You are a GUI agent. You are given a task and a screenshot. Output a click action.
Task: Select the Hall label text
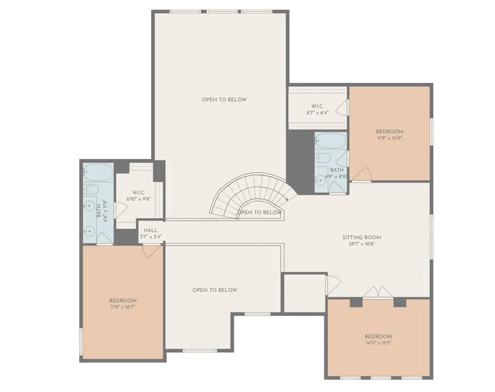[x=150, y=230]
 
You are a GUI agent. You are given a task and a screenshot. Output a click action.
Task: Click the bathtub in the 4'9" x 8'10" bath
[x=330, y=141]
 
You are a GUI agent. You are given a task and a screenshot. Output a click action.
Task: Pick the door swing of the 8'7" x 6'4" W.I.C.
[x=344, y=108]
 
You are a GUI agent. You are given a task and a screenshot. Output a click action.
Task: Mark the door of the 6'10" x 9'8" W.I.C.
[x=120, y=210]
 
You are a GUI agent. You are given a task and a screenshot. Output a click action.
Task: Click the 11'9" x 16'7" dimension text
[x=122, y=307]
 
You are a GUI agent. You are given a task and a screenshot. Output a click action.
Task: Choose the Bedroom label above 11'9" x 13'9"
[x=389, y=131]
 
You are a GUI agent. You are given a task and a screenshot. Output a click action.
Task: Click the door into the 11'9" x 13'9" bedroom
[x=362, y=174]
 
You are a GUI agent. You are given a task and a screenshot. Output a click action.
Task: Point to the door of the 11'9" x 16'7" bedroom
[x=152, y=251]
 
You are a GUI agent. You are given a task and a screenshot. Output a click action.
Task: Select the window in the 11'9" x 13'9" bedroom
[x=431, y=131]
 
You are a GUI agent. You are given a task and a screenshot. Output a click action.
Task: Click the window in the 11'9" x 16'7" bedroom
[x=81, y=343]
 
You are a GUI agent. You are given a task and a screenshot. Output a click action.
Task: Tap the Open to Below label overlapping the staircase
[x=260, y=213]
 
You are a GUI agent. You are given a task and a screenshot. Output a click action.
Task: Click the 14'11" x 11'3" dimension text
[x=378, y=343]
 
